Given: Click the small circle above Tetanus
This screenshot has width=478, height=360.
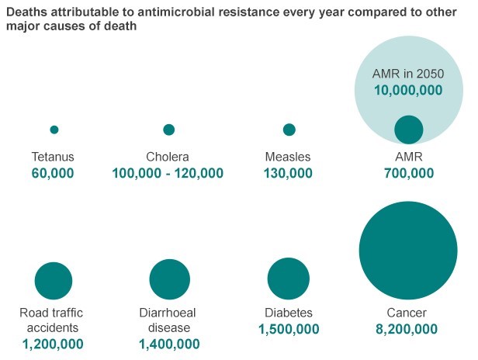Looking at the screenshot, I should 54,130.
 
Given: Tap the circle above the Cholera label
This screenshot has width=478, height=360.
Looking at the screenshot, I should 168,130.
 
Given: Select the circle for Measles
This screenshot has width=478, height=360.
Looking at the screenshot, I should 289,130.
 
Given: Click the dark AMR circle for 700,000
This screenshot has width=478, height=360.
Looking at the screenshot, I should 408,130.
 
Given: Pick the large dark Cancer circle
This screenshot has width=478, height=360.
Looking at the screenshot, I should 408,250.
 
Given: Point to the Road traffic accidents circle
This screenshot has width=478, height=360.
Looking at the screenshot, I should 54,281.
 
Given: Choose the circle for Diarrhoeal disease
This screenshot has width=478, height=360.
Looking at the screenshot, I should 169,279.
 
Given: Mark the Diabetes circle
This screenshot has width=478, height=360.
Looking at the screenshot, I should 288,279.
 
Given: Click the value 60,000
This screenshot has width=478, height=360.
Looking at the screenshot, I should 53,173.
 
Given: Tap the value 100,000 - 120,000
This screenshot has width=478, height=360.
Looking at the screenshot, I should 168,173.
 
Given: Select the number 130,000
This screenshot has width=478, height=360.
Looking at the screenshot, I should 288,173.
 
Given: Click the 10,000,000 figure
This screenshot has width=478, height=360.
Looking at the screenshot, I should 408,91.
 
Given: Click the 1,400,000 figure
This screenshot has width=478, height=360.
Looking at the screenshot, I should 169,343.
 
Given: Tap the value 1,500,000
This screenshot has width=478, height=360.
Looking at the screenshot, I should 288,329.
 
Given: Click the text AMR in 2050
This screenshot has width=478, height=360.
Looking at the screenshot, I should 408,74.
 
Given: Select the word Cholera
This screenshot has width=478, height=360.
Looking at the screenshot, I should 168,157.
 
